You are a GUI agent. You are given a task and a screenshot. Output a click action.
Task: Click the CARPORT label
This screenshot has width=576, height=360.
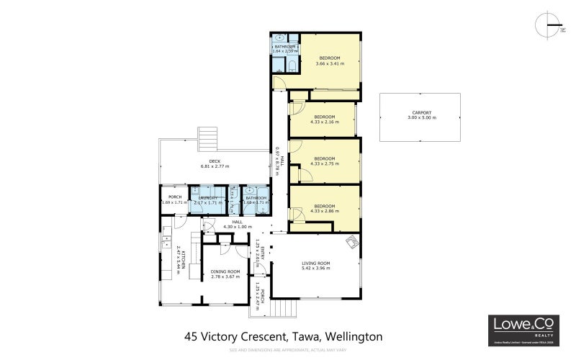421,112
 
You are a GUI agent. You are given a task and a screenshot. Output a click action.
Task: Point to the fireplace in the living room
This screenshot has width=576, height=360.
351,242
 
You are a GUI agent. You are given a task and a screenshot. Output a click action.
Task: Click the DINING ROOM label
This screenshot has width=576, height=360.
225,271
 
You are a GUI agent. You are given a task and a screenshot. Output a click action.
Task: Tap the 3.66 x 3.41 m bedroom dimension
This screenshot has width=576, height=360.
330,63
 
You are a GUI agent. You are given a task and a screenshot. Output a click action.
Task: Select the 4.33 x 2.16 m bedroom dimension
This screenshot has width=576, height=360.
324,122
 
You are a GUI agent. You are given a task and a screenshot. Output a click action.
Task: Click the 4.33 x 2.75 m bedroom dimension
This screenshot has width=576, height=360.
324,163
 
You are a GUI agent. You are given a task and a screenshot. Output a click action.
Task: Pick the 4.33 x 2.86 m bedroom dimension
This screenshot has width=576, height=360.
324,211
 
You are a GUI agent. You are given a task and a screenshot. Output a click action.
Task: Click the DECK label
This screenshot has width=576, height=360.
215,161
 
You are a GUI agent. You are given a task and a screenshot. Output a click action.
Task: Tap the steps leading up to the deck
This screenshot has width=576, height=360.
207,136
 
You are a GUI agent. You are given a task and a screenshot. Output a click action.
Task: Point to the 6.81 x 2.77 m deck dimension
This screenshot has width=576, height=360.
215,166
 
